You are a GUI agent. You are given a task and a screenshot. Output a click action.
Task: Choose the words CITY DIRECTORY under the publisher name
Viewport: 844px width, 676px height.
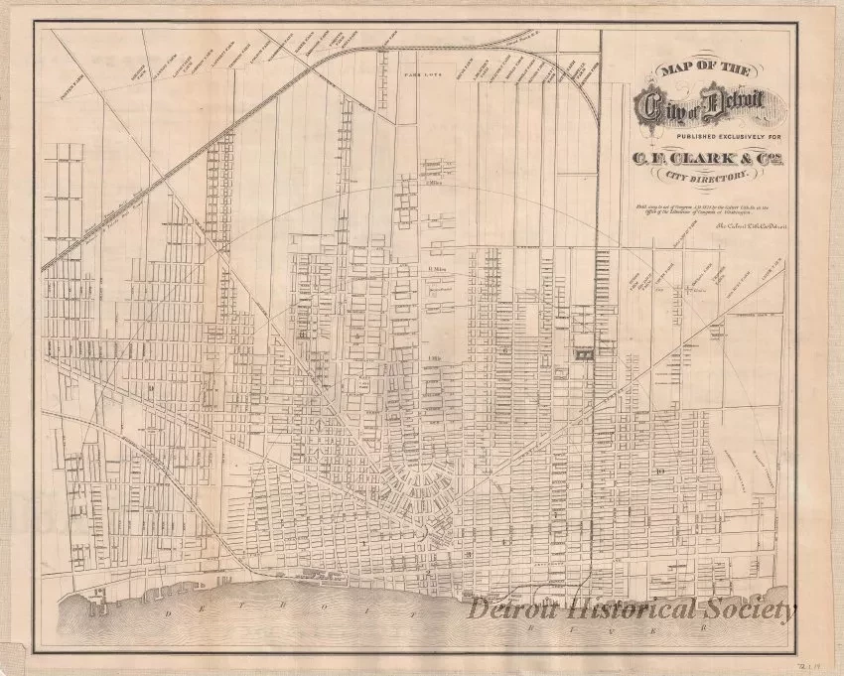(706, 180)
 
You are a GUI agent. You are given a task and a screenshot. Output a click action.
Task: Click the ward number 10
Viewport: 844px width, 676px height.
(659, 471)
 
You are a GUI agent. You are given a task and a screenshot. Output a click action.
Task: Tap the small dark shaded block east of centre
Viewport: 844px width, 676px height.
(584, 349)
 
